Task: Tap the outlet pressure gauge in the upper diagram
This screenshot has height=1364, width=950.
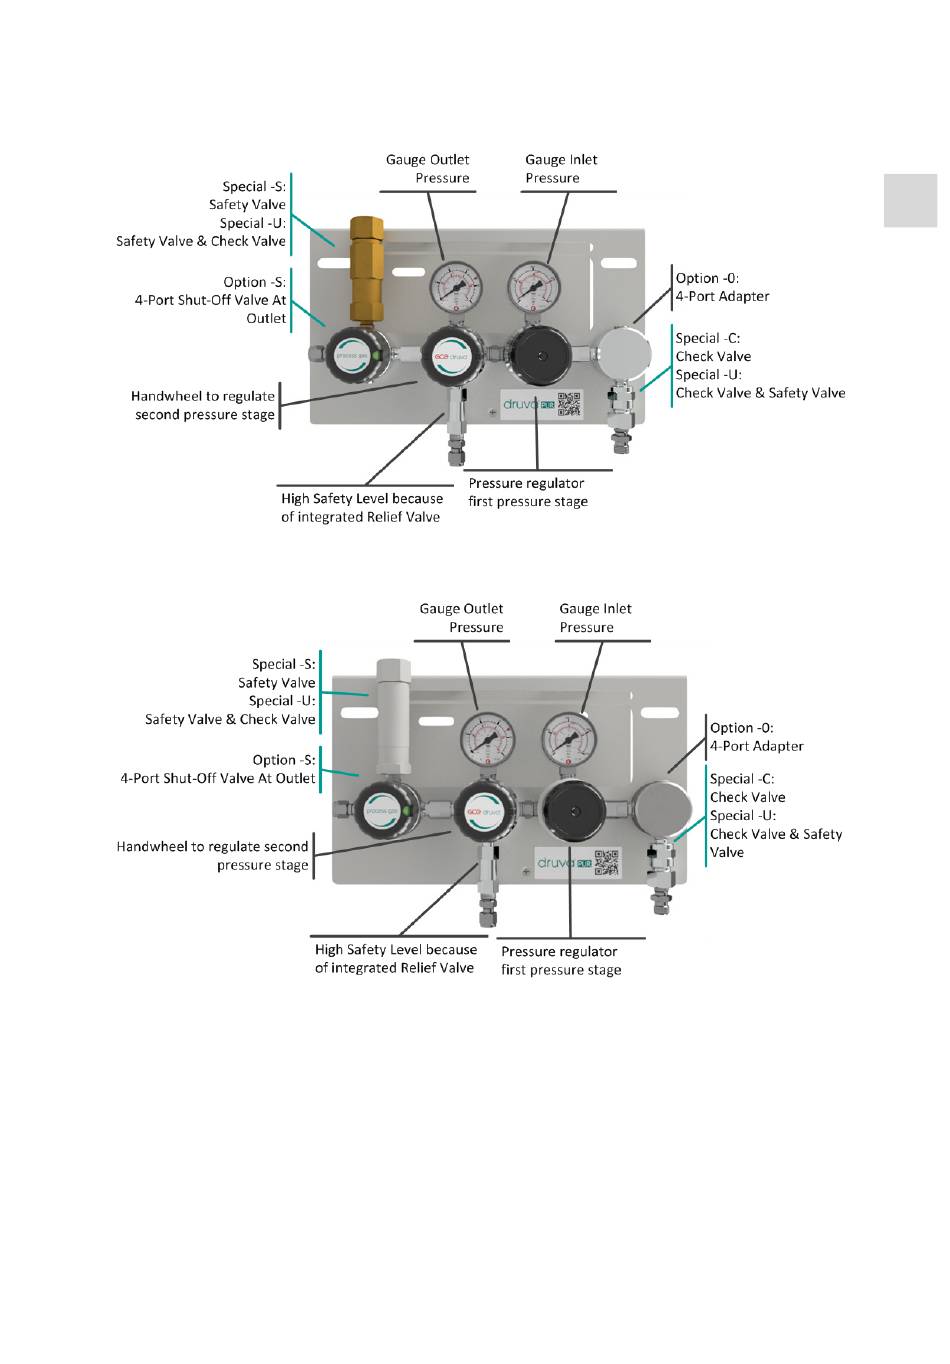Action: click(455, 288)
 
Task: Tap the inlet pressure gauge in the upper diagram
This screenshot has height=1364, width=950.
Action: click(533, 288)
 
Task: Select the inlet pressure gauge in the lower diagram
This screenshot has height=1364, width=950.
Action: click(569, 741)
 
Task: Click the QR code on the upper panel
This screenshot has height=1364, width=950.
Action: click(569, 404)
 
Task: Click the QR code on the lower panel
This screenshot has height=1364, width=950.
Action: click(607, 862)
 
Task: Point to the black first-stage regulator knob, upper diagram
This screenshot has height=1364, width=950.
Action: click(540, 354)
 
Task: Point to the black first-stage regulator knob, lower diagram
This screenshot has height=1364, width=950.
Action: click(574, 811)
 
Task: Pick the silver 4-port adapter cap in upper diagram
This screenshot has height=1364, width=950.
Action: click(625, 352)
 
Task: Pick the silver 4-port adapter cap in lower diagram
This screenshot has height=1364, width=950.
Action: click(662, 808)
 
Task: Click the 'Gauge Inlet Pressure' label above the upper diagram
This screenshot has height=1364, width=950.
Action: click(561, 169)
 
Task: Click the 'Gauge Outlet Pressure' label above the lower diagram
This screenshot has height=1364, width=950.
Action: click(462, 618)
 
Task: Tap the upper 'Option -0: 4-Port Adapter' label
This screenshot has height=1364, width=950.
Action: click(722, 287)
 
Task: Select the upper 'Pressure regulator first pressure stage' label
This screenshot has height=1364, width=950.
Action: click(527, 492)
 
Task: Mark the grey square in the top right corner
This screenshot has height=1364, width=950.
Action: click(910, 200)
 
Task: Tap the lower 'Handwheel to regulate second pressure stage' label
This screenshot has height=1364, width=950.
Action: click(213, 855)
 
